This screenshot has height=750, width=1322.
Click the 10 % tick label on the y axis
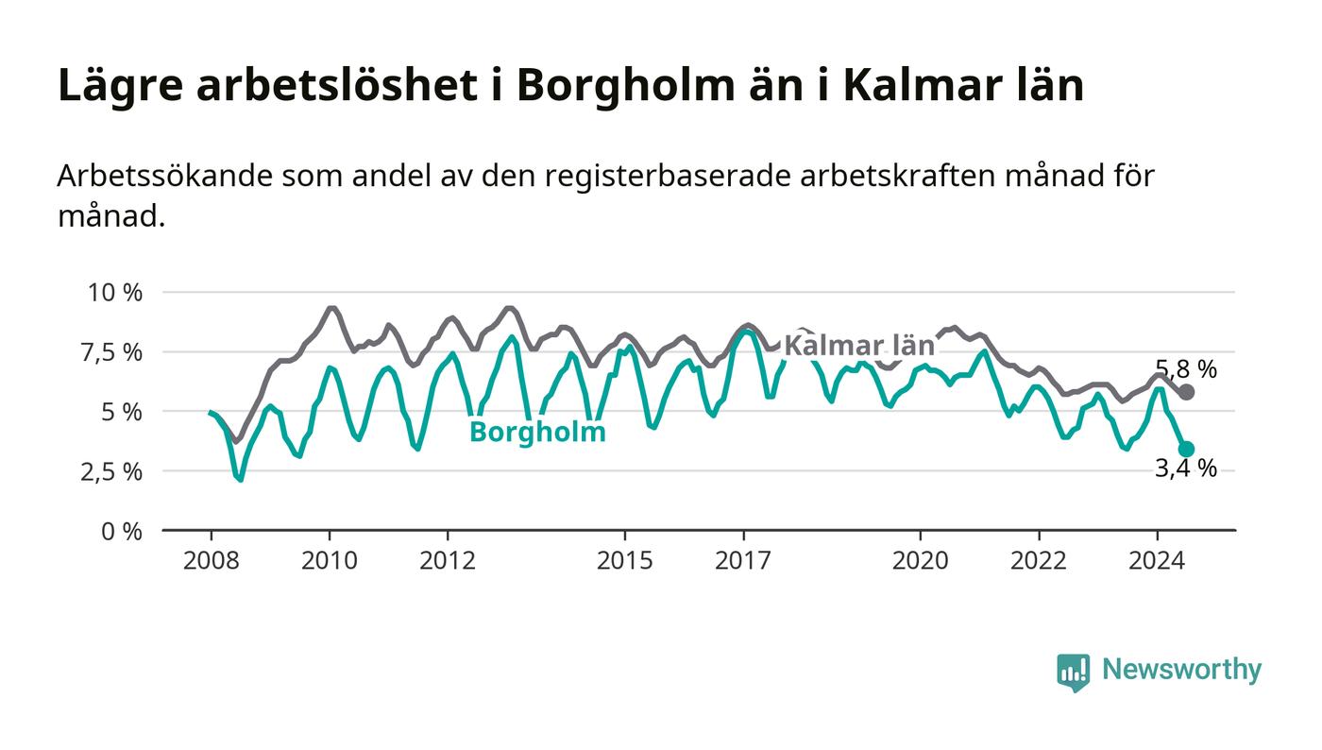115,292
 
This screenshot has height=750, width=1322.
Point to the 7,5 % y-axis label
112,352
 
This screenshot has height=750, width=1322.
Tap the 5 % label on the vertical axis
122,412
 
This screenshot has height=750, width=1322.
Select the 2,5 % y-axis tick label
112,472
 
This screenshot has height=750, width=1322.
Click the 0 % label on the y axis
122,532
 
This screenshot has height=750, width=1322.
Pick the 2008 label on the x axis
212,560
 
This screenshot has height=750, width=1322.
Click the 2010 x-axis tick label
330,560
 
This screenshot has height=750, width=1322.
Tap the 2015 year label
625,560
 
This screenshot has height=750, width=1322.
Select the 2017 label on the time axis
743,560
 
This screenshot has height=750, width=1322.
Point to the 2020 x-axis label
920,560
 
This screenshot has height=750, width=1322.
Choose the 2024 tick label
1157,560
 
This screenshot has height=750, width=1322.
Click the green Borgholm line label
537,433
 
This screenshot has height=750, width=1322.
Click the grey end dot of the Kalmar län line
1186,392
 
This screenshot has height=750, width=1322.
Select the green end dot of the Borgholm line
1186,449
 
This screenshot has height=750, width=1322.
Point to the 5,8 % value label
1186,369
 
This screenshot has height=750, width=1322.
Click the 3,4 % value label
1186,469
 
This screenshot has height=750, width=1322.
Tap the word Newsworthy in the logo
1181,670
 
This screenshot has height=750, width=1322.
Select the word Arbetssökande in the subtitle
165,176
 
